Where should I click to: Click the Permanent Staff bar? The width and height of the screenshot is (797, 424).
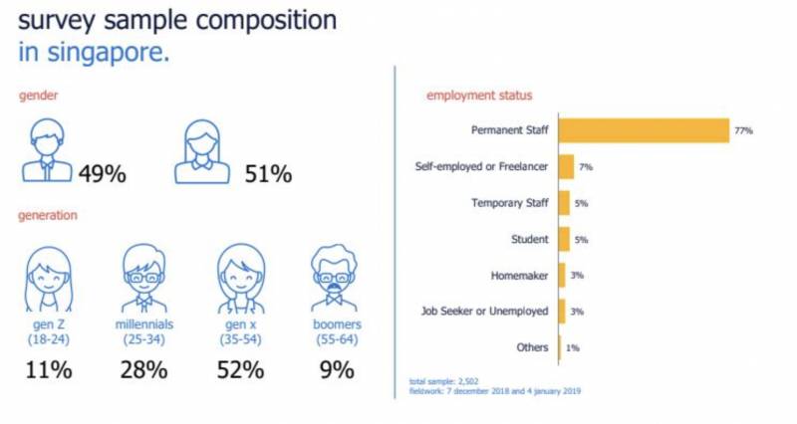[x=644, y=130]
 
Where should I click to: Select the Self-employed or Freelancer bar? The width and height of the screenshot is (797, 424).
[x=566, y=167]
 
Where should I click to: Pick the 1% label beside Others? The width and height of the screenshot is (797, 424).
[x=573, y=347]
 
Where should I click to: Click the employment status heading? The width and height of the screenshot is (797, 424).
[x=479, y=96]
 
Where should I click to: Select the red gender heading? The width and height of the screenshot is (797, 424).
[x=37, y=96]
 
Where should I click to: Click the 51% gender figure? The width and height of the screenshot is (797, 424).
[x=268, y=174]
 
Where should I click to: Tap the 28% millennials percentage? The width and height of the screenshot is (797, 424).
[x=142, y=370]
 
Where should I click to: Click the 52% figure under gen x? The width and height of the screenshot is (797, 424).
[x=240, y=370]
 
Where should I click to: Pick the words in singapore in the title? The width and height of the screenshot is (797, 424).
[x=94, y=52]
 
